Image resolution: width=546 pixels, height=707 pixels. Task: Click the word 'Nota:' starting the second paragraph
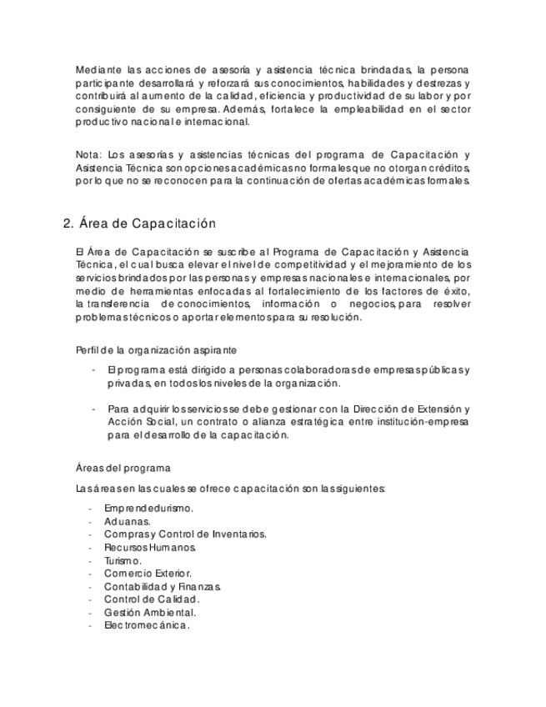pos(88,154)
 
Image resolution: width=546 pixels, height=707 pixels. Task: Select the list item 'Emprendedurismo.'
pos(149,508)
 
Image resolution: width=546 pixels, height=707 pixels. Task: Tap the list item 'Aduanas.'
pos(128,521)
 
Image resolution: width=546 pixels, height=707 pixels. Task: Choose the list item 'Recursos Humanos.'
pos(150,547)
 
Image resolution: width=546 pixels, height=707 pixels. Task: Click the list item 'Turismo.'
pos(123,560)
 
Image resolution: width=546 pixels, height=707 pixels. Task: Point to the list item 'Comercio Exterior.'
pos(148,573)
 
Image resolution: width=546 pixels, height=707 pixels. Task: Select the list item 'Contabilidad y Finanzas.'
pos(162,586)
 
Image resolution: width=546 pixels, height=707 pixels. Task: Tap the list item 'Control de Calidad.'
pos(152,599)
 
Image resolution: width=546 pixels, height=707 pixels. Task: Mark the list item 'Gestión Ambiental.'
pos(150,612)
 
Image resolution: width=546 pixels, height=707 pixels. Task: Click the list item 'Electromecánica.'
pos(147,625)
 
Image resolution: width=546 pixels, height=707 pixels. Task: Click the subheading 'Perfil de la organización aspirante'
pos(156,349)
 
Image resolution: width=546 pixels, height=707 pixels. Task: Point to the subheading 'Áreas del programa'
pos(123,469)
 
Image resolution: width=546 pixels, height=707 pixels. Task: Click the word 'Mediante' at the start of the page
pos(98,68)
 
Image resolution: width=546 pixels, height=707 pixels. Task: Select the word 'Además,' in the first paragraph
pos(242,109)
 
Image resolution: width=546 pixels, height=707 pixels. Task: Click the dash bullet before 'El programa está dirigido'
pos(94,369)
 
